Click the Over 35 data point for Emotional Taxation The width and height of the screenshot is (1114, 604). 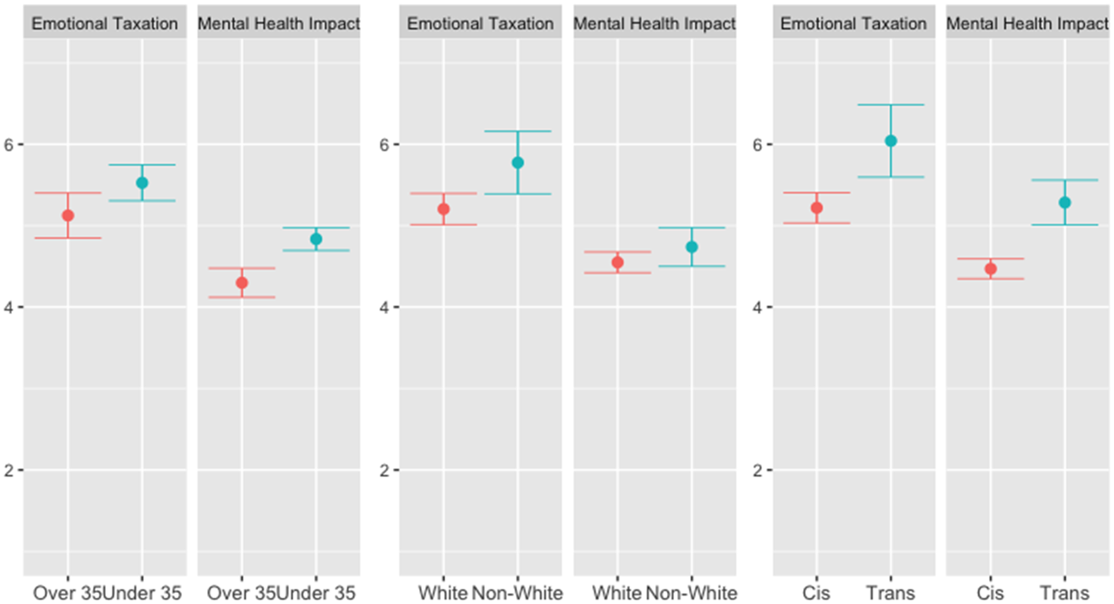click(x=68, y=216)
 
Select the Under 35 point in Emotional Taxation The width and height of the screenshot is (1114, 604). click(x=142, y=183)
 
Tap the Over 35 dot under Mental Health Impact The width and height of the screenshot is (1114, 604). click(x=242, y=283)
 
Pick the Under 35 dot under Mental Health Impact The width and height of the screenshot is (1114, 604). click(x=316, y=239)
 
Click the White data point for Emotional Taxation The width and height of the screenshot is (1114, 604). click(x=444, y=209)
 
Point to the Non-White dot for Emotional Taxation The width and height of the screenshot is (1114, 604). click(x=518, y=163)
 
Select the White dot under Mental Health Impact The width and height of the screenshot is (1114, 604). click(x=618, y=263)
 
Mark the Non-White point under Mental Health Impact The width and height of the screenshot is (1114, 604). click(x=692, y=247)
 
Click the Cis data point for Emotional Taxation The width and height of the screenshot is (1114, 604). click(x=817, y=208)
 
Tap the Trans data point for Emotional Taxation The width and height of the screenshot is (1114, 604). click(x=891, y=141)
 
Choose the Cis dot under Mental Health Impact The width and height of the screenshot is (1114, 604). click(x=991, y=269)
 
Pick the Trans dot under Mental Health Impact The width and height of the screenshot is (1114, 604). click(x=1065, y=203)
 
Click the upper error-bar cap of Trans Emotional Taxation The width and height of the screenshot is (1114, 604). click(x=891, y=105)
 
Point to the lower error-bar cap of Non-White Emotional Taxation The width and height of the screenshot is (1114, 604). click(x=518, y=194)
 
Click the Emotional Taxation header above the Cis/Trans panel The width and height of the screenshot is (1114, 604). click(x=854, y=24)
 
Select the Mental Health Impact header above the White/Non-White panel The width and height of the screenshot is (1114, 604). click(x=655, y=24)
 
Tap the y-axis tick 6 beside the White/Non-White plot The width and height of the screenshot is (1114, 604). click(x=384, y=145)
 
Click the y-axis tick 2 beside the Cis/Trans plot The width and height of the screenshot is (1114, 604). click(x=757, y=470)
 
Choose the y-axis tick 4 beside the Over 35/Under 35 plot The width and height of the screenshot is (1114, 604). click(x=8, y=307)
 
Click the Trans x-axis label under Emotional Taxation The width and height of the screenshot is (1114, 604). click(x=891, y=593)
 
